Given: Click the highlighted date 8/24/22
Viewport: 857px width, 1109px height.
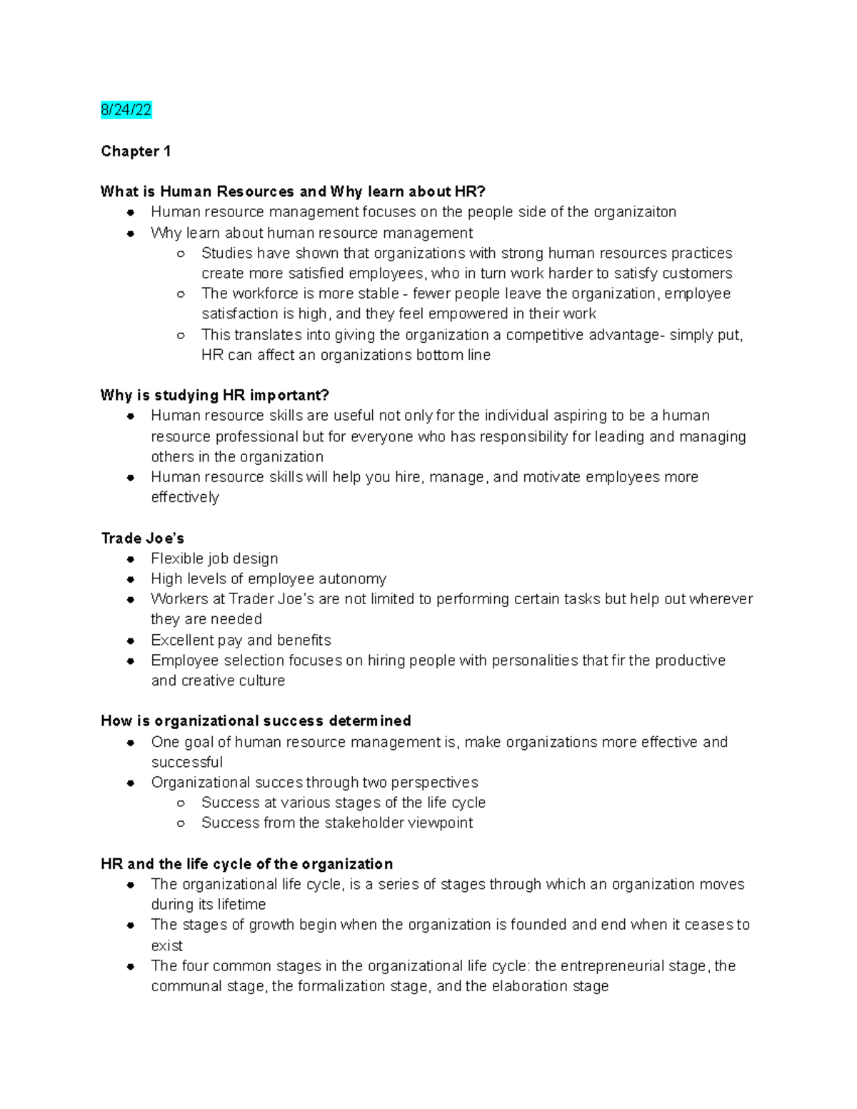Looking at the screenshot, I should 126,110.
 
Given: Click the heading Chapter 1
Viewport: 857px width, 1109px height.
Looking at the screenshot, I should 136,151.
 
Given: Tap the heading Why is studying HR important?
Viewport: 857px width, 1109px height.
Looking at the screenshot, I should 214,395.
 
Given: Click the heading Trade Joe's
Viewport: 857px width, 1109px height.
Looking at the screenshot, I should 142,538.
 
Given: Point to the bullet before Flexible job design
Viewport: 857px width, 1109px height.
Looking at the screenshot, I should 131,559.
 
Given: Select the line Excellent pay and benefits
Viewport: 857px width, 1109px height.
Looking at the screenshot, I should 241,640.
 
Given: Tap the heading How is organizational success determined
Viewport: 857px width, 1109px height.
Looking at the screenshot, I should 256,721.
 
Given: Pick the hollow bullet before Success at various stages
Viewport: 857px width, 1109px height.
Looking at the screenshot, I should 181,803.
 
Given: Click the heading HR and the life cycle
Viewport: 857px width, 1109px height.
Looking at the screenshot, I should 246,864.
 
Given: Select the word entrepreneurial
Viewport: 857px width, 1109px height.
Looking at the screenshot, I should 611,966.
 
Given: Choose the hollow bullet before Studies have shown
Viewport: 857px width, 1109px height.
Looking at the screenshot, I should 181,254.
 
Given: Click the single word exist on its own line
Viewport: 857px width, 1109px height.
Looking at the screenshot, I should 166,945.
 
